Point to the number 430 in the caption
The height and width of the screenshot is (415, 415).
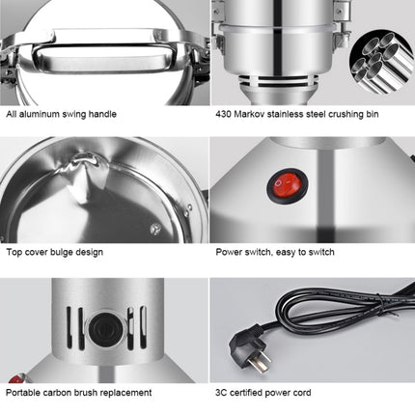224,114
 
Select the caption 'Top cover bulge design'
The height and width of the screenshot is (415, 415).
55,253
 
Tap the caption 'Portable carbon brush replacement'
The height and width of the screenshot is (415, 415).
79,393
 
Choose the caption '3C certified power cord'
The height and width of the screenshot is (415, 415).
263,393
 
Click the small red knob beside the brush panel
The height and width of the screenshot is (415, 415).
12,379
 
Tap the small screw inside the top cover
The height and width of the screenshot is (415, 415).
154,229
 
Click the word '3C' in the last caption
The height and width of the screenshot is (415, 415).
221,393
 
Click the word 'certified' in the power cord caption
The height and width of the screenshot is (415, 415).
248,393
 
